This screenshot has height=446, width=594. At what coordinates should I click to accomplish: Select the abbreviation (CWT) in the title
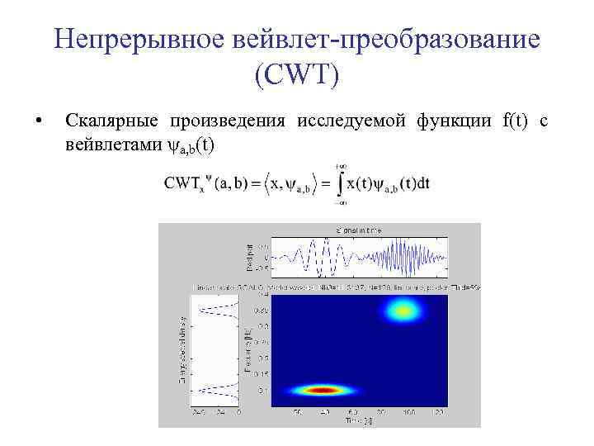[x=296, y=76]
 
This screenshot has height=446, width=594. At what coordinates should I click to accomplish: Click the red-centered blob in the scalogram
[x=323, y=390]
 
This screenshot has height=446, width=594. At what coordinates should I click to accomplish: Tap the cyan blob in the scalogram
[x=403, y=311]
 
